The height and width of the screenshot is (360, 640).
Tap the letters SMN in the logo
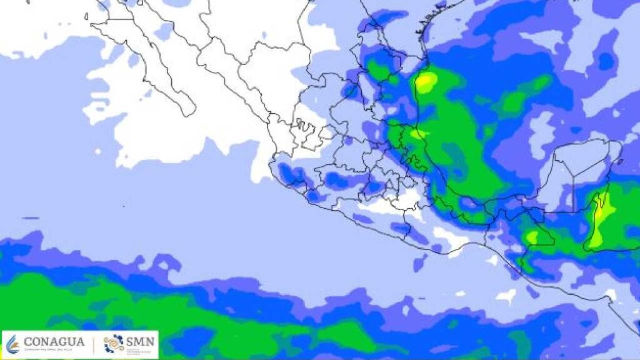140,342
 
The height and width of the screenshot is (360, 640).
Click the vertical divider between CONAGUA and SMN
94,344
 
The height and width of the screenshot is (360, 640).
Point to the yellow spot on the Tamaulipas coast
426,82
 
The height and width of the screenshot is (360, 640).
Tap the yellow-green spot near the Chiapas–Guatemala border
532,237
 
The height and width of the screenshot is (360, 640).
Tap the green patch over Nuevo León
377,69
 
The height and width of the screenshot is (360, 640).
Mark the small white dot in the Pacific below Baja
98,151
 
